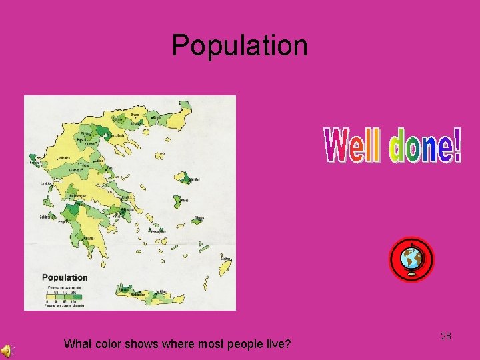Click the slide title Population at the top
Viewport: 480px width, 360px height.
point(240,45)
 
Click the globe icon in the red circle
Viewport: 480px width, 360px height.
point(411,260)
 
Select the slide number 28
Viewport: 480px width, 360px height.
point(446,336)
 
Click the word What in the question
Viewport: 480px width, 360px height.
point(78,345)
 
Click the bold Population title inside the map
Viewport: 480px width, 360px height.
point(65,277)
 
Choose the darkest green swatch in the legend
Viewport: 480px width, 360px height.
point(77,293)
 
